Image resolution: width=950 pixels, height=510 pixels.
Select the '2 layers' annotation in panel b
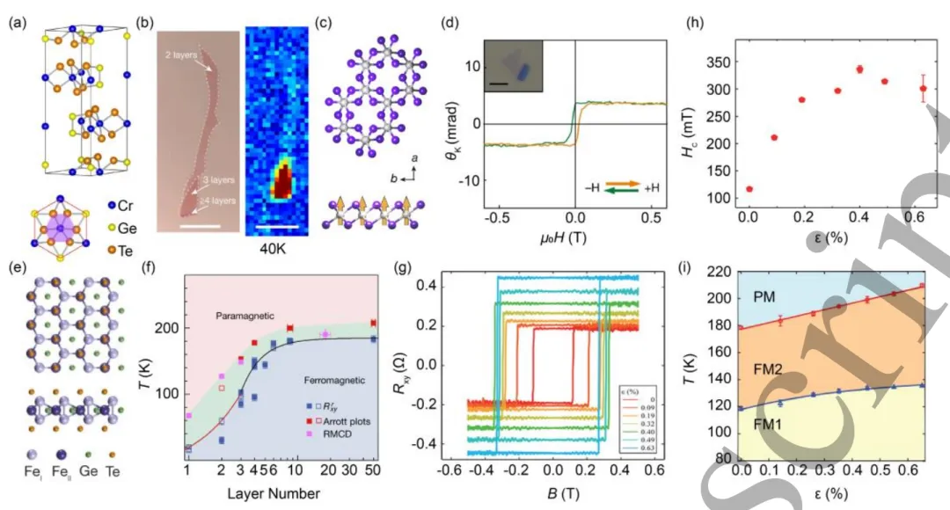[x=183, y=55]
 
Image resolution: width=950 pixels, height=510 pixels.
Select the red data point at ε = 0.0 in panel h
[x=749, y=189]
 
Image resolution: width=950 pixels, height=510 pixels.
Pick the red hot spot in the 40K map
[x=282, y=180]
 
